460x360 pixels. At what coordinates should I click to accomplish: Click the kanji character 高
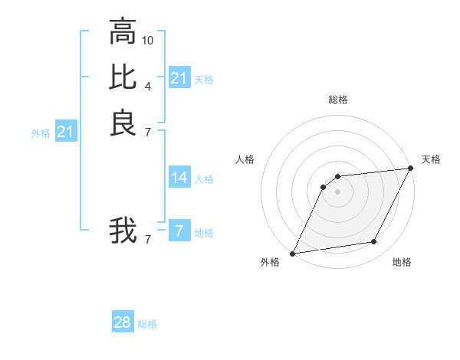123,33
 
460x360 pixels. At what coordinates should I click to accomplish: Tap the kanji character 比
123,77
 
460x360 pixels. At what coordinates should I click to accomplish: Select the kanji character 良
123,122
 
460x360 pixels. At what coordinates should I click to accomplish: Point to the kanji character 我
123,230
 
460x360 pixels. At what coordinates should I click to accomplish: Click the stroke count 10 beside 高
148,40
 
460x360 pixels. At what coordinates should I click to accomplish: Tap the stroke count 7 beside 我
148,239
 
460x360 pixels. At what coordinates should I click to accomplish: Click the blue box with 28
123,323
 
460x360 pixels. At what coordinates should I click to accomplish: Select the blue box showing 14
179,178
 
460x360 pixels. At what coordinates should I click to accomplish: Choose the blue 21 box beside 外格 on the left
66,133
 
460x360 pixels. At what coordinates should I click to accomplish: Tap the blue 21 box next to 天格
179,78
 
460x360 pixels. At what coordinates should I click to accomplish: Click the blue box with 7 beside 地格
179,231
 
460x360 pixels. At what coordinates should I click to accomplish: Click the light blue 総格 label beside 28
147,324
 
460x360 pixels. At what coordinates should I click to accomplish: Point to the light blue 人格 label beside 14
204,179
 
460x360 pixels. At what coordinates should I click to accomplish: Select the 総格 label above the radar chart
338,100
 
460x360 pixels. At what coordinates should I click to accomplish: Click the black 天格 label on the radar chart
432,159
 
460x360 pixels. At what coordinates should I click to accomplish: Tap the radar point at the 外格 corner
292,254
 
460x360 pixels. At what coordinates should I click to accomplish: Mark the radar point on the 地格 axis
374,242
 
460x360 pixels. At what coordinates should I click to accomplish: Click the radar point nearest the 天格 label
412,169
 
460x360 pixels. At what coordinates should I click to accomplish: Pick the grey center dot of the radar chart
337,191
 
